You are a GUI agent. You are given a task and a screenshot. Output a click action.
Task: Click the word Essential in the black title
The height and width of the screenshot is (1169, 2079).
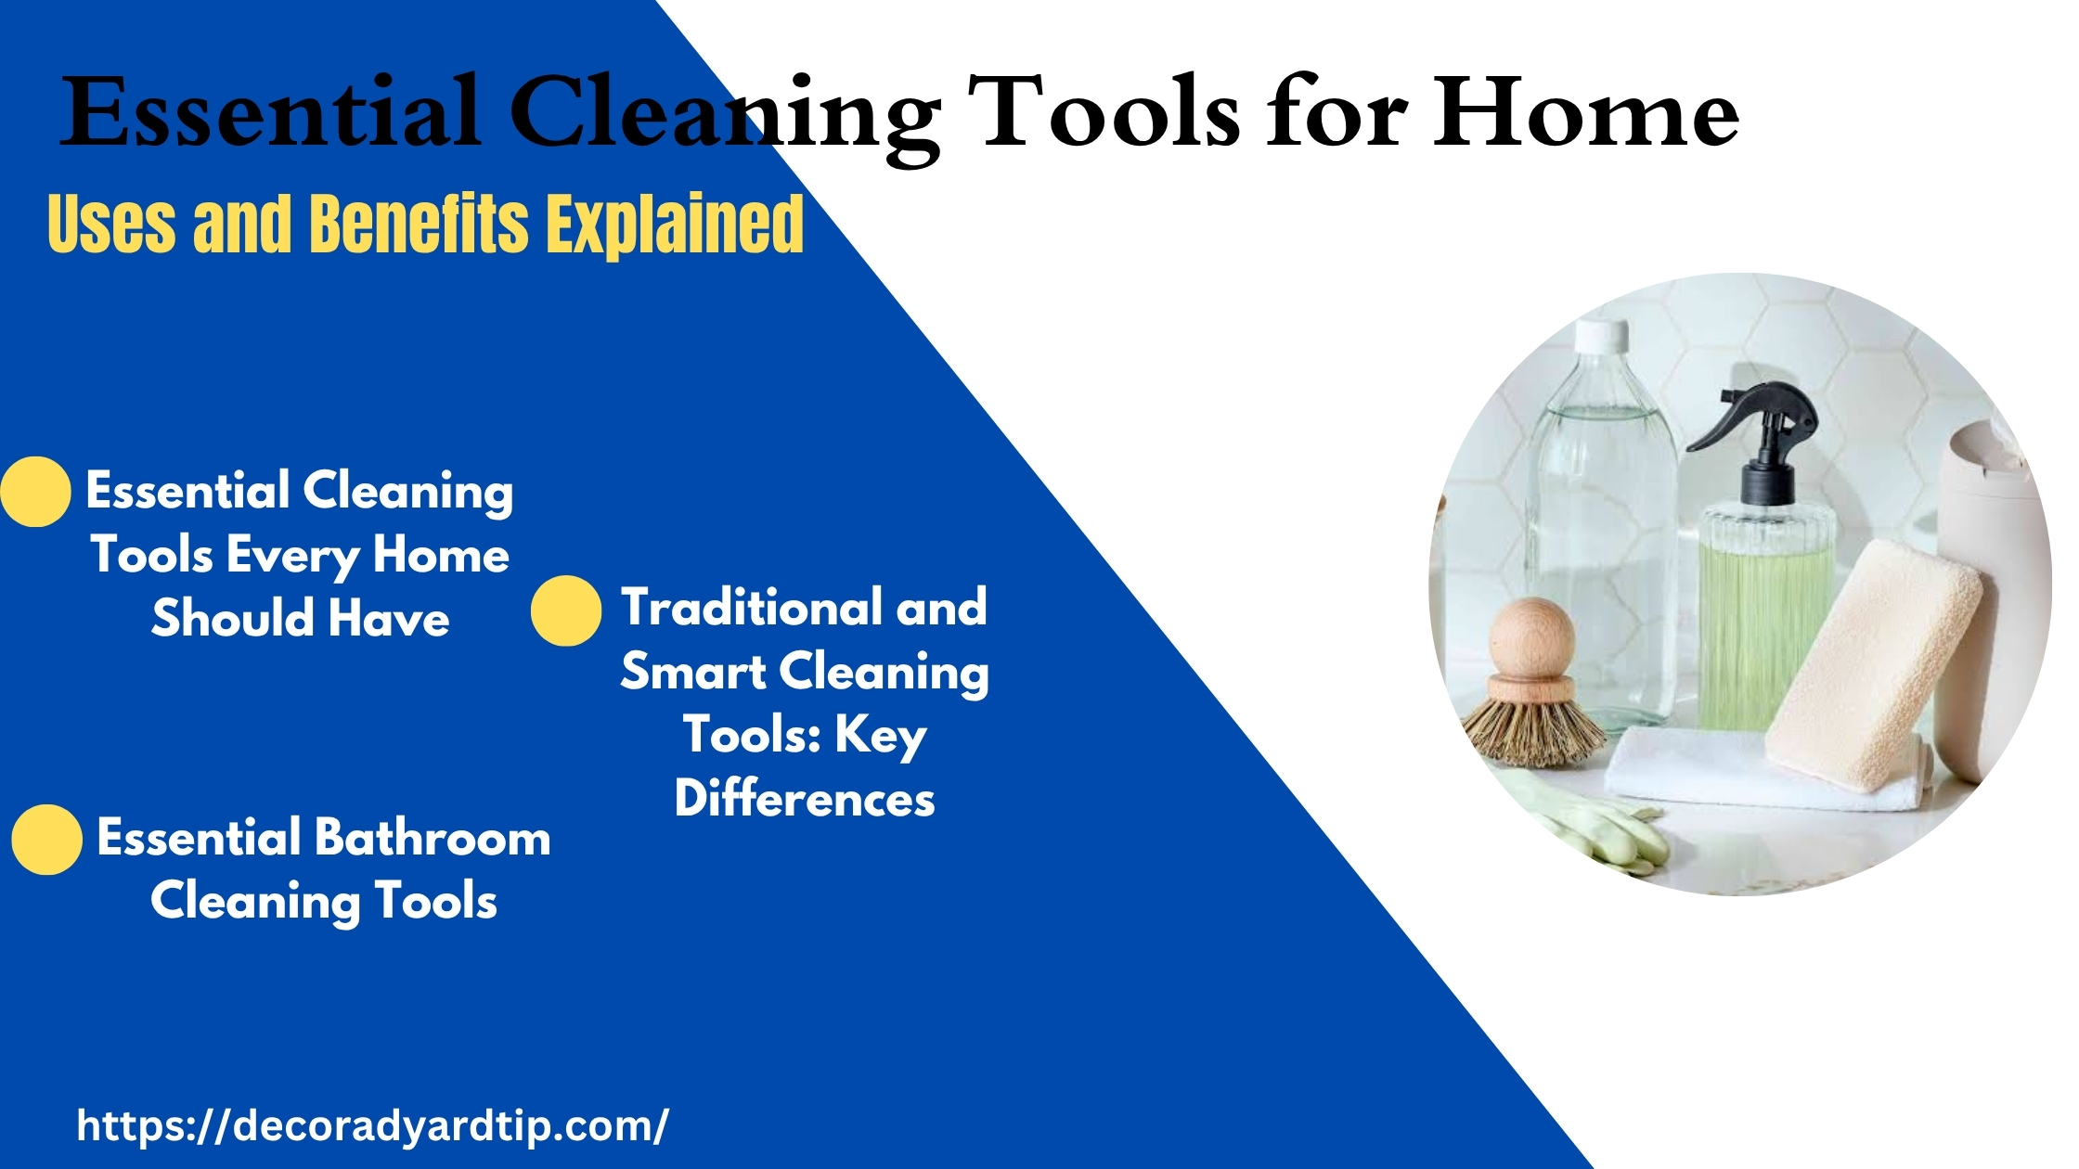point(272,112)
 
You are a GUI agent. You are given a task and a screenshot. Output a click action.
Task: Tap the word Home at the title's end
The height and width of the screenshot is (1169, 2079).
point(1585,112)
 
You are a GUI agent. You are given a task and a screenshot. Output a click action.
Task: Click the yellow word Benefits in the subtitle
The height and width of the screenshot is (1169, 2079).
point(418,224)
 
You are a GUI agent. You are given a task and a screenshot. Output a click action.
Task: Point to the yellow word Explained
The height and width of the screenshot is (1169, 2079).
point(674,224)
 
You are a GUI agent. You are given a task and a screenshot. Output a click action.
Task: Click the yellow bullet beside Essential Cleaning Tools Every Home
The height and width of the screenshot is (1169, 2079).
point(35,492)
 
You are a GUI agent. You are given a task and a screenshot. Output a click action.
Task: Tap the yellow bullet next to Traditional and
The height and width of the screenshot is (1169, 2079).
point(566,610)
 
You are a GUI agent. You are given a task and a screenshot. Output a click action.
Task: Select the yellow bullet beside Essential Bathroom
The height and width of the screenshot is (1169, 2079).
point(46,840)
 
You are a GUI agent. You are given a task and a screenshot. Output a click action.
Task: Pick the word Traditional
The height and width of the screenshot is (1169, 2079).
point(751,607)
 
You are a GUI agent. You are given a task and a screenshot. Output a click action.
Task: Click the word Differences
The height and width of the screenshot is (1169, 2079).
point(805,798)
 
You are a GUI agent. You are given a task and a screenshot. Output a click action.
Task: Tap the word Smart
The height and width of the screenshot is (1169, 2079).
point(692,671)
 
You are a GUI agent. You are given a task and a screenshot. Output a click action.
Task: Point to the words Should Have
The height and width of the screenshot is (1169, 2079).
point(301,618)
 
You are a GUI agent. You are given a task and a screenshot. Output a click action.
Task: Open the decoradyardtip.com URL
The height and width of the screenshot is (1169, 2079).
point(372,1126)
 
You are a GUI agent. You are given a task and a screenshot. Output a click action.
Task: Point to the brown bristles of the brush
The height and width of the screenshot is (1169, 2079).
point(1532,733)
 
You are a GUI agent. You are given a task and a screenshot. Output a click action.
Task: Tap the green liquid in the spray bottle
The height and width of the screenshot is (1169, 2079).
point(1765,640)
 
